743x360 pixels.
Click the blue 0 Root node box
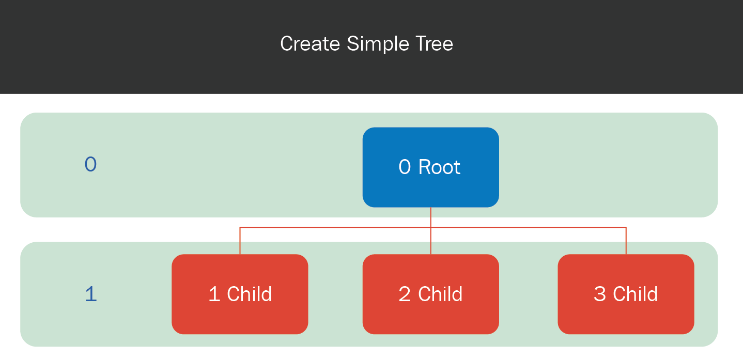pos(430,167)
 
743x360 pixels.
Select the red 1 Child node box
pos(240,294)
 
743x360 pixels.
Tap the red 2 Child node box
pos(430,294)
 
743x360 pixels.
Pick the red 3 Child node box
pos(626,294)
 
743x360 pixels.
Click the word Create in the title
pos(310,44)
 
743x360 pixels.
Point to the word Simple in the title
pos(378,44)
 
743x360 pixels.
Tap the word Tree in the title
pos(434,44)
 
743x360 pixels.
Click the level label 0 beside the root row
pos(90,164)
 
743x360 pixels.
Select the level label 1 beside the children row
pos(90,294)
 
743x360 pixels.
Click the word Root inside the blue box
pos(439,167)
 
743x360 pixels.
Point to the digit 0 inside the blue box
pos(405,167)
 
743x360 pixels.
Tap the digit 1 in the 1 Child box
pos(214,294)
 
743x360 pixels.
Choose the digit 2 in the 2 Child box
pos(405,294)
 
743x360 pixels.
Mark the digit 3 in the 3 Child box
pos(600,294)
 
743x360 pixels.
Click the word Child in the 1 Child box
pos(250,293)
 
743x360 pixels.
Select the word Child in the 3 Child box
pos(635,293)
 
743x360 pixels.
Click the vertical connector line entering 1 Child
pos(240,241)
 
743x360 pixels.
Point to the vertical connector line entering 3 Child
pos(626,241)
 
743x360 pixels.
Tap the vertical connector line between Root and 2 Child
pos(430,231)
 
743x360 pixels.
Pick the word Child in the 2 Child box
pos(440,293)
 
